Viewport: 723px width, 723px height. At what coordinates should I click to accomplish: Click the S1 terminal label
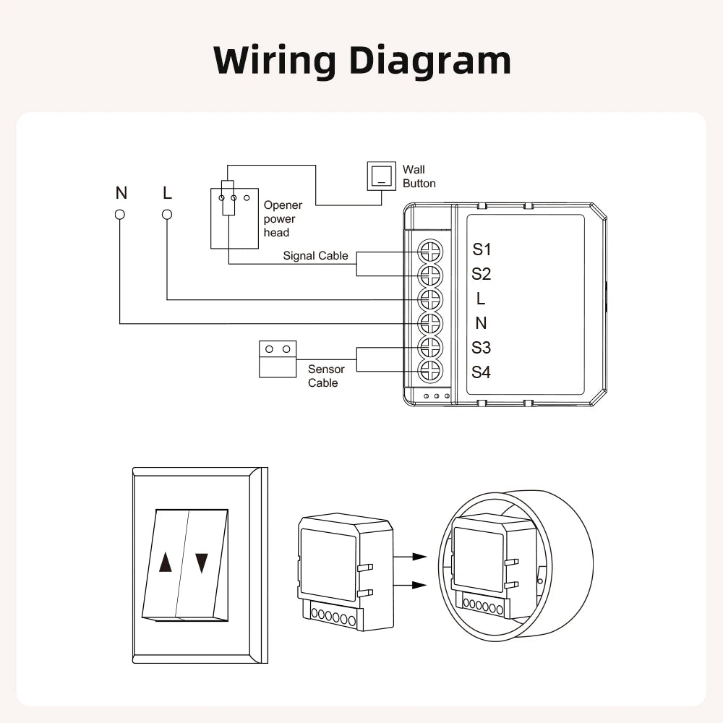pos(482,249)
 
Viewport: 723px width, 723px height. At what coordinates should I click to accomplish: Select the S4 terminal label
pos(482,372)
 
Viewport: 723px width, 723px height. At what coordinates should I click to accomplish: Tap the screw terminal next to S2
pos(430,275)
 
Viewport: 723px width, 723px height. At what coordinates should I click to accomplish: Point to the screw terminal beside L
pos(430,299)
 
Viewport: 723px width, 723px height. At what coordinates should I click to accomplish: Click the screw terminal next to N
pos(430,323)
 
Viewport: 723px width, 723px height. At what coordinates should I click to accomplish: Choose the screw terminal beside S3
pos(430,348)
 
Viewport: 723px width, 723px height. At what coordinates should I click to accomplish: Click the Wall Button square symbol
pos(382,176)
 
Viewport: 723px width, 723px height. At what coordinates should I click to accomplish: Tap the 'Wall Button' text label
pos(419,176)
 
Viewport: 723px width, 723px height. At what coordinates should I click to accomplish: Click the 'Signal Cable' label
pos(315,256)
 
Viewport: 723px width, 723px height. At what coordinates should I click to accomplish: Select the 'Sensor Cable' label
pos(326,376)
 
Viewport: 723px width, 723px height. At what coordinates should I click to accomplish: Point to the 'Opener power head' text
pos(283,219)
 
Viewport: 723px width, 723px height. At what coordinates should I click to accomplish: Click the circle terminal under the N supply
pos(120,215)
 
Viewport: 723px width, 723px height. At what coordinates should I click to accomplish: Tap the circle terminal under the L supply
pos(167,215)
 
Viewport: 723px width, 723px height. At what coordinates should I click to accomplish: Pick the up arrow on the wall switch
pos(166,563)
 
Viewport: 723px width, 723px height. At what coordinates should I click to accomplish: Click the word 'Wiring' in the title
pos(275,61)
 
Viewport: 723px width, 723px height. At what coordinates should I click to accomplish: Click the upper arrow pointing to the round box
pos(411,557)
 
